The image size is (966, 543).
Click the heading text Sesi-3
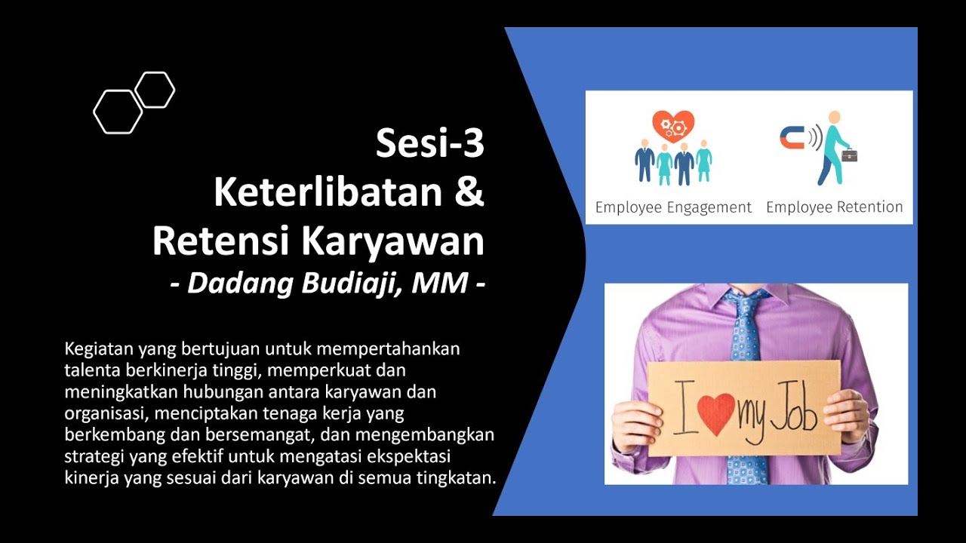point(430,144)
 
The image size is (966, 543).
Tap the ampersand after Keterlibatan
point(469,192)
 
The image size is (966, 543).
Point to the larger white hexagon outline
point(118,112)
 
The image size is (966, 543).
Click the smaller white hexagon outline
point(155,90)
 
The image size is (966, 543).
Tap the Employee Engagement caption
point(673,207)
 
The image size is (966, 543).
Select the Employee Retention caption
point(834,207)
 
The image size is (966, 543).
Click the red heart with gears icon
point(672,124)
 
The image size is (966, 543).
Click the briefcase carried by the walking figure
point(850,155)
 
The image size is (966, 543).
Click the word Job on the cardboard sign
point(793,408)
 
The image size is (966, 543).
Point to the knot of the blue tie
point(746,301)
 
